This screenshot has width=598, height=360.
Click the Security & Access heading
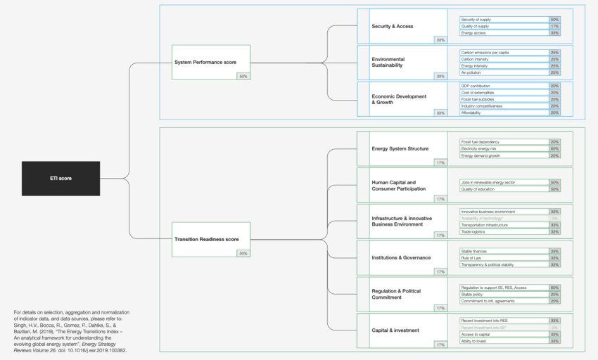(392, 26)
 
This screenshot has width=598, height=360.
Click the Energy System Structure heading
(400, 148)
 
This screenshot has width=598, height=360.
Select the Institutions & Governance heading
(400, 257)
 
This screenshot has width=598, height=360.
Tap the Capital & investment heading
(395, 330)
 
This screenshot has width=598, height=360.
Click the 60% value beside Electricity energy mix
(554, 148)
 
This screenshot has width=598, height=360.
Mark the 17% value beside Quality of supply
(554, 26)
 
